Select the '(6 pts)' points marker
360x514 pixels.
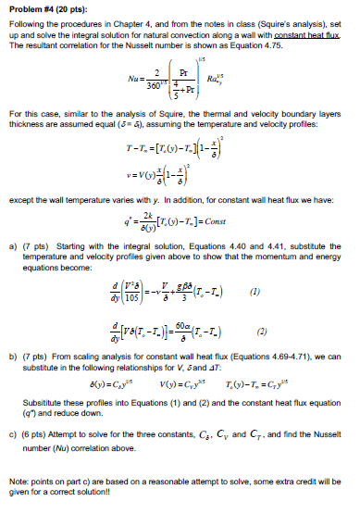(x=36, y=433)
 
